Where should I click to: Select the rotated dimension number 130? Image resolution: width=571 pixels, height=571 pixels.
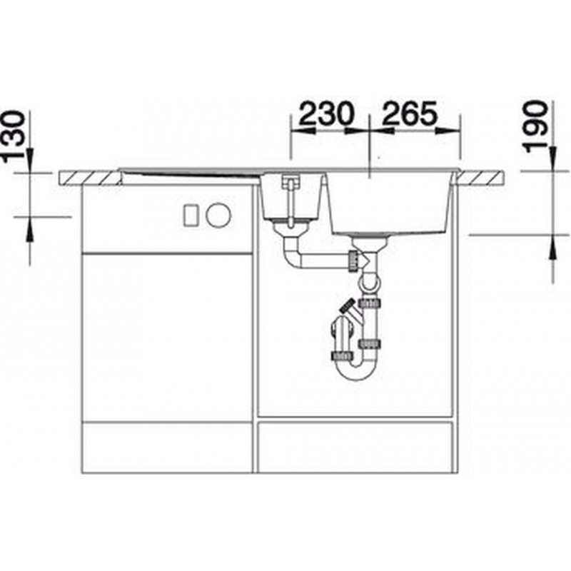[14, 136]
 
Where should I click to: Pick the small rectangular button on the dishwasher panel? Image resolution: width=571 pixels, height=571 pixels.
[191, 216]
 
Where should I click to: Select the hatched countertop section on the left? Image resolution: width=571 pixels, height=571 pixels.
[90, 179]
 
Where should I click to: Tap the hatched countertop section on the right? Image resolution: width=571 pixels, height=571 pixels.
[480, 179]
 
